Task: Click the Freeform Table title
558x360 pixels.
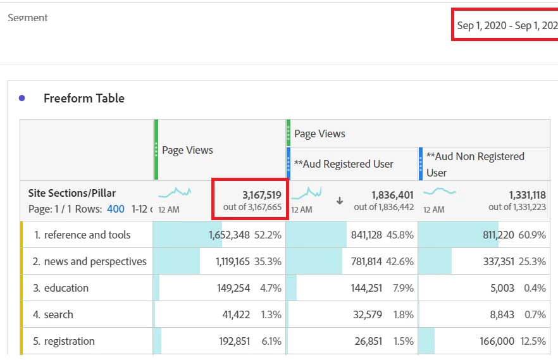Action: [84, 98]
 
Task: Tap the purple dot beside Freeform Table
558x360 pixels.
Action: [22, 98]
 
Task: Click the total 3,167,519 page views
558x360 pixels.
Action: [261, 195]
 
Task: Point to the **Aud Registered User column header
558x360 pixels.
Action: [348, 164]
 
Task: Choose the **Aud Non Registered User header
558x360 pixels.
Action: [475, 164]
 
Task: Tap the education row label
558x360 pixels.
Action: [66, 288]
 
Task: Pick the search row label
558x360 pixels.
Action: [58, 314]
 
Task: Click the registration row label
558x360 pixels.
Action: [70, 341]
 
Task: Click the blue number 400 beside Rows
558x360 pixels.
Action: [116, 208]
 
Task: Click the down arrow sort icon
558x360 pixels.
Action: [340, 201]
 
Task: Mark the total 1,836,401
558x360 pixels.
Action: [392, 195]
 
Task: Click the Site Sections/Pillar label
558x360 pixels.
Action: [72, 193]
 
